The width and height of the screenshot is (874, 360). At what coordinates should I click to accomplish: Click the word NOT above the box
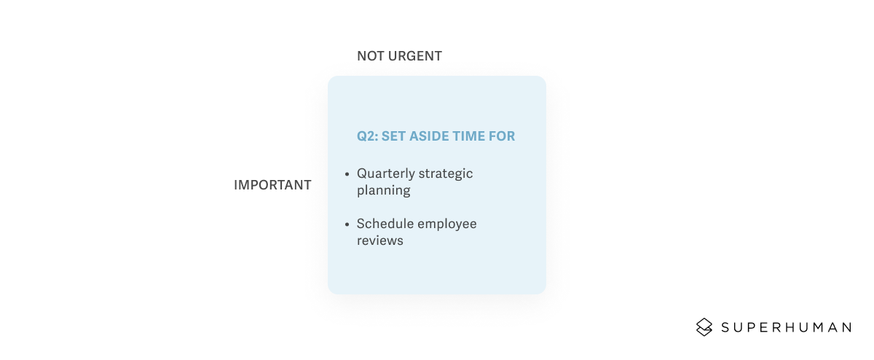[x=369, y=56]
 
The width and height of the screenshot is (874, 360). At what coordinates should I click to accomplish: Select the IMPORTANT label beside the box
[x=272, y=185]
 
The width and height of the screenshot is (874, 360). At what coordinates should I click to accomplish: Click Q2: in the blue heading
[x=366, y=136]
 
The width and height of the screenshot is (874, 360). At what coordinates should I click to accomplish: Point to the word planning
[x=384, y=191]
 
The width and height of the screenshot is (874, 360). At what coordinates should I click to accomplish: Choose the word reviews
[x=379, y=240]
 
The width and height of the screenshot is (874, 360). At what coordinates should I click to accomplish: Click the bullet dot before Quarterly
[x=347, y=174]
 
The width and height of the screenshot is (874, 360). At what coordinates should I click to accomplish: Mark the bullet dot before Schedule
[x=347, y=224]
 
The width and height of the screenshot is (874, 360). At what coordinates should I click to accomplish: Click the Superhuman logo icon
[x=704, y=327]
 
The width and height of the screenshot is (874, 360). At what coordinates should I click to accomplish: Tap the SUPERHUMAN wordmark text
[x=786, y=327]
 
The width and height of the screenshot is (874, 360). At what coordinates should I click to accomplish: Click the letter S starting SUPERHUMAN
[x=726, y=327]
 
